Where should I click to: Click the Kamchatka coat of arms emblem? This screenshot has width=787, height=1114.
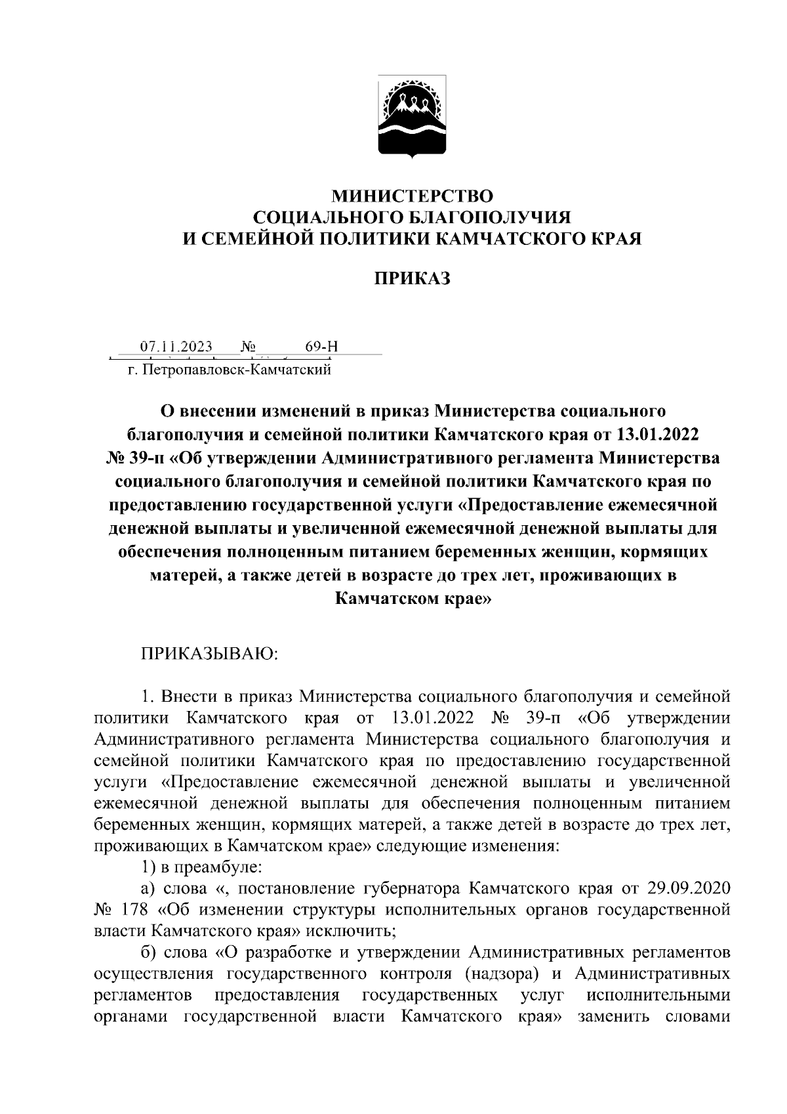coord(411,117)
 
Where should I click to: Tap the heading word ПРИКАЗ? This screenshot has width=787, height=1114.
coord(412,279)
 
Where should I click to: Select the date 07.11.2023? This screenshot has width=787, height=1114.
coord(176,347)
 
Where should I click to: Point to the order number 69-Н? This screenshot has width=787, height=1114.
coord(321,347)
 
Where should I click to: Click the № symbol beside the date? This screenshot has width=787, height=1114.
coord(249,347)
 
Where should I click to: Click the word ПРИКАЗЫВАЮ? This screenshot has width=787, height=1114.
coord(211,654)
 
